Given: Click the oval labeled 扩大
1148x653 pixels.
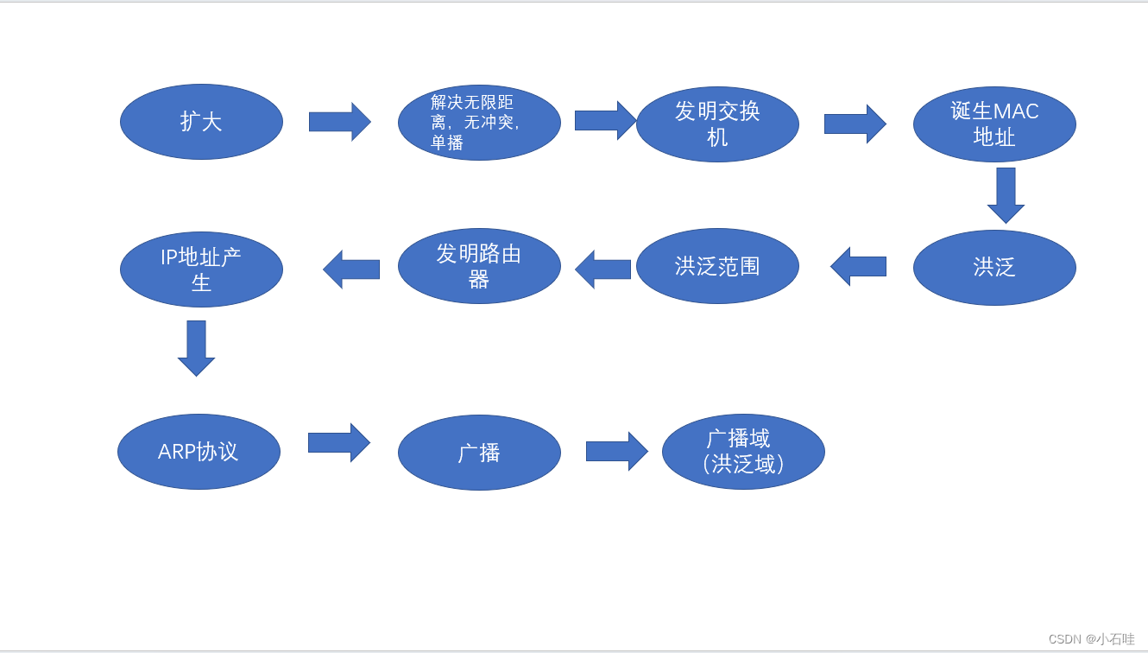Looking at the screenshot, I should click(x=201, y=122).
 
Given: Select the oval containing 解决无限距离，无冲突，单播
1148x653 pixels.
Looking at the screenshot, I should click(x=479, y=123).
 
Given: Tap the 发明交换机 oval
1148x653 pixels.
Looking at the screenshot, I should click(x=717, y=124).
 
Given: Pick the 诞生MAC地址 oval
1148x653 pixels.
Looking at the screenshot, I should click(x=994, y=124).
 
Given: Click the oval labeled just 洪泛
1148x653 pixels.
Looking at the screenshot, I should click(x=994, y=268).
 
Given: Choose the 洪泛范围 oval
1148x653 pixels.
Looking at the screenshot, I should click(x=717, y=266).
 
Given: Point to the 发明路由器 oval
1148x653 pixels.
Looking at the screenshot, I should click(x=479, y=266).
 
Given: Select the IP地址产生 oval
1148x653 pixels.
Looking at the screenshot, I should click(x=201, y=269).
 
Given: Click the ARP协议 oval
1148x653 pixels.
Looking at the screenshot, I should click(x=199, y=452).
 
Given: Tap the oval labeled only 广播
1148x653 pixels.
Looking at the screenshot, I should click(x=479, y=453).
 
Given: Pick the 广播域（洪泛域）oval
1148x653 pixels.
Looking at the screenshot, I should click(x=743, y=452).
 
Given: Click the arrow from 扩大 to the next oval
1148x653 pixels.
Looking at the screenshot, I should click(x=339, y=122).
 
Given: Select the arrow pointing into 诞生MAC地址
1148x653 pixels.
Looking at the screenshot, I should click(x=855, y=124).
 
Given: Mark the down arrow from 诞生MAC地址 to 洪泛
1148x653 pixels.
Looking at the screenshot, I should click(x=1006, y=194).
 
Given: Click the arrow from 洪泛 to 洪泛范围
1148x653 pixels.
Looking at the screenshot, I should click(x=859, y=266).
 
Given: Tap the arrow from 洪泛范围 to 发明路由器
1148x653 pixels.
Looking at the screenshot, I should click(x=603, y=269).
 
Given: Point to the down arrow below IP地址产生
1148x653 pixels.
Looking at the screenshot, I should click(x=196, y=347).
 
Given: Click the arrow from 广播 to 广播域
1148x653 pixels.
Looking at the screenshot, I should click(x=616, y=451).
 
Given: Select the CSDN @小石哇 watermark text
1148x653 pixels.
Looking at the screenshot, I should click(x=1091, y=639).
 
